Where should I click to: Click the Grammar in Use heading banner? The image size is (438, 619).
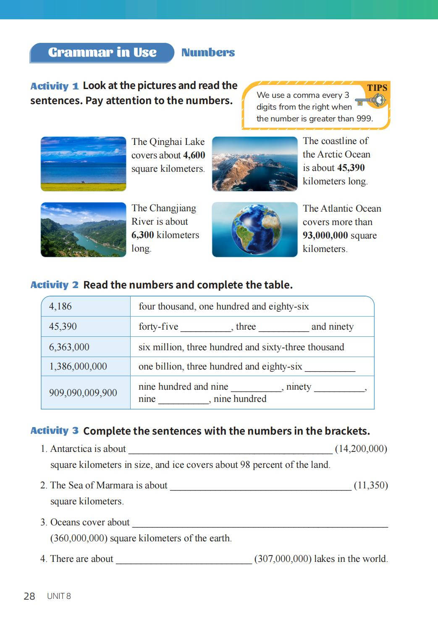click(102, 52)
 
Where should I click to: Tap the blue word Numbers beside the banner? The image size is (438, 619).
click(208, 52)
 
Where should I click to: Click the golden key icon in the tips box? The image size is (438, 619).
click(371, 101)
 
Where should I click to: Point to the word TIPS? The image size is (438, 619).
click(377, 88)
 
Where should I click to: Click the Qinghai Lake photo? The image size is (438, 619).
click(83, 164)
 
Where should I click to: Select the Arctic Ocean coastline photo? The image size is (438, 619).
click(254, 164)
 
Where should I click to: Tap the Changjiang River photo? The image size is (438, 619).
click(83, 230)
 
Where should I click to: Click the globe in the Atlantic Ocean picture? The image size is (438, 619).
click(257, 229)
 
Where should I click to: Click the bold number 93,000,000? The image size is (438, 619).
click(325, 236)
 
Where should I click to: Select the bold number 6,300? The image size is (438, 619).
click(143, 235)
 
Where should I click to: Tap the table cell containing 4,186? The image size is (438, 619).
click(86, 307)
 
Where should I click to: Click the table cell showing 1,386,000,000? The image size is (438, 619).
click(86, 367)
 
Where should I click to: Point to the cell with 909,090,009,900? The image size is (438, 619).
click(86, 393)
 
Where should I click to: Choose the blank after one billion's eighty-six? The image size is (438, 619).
click(330, 367)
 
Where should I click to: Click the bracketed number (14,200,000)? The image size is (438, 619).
click(361, 449)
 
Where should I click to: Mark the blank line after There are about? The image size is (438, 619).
click(184, 559)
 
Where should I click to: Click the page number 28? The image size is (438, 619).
click(29, 596)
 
